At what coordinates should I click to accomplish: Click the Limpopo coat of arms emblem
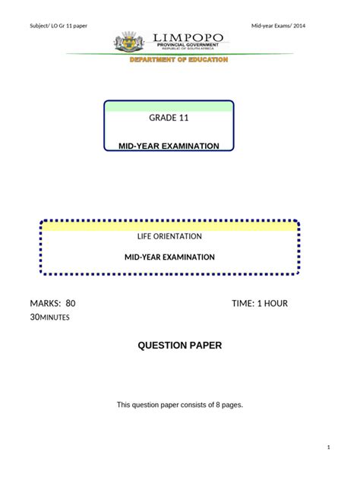point(129,42)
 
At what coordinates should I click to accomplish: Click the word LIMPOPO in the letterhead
point(188,38)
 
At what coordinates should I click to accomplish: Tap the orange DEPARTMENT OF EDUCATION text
point(178,60)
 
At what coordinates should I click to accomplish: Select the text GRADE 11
point(169,118)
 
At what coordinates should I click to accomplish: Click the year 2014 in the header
point(299,26)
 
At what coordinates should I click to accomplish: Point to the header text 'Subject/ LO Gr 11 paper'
point(58,26)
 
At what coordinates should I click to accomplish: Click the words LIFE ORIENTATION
point(169,236)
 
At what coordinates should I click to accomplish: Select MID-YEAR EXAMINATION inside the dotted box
point(169,257)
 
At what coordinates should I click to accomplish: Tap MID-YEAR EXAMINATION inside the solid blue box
point(169,146)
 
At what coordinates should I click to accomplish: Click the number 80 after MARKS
point(71,303)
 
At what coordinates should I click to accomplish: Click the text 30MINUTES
point(49,317)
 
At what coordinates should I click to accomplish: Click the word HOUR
point(276,303)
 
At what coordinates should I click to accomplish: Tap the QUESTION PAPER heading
point(180,346)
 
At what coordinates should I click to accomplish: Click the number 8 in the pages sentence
point(218,405)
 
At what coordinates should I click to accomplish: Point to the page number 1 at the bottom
point(328,447)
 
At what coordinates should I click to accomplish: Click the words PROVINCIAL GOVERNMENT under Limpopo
point(188,45)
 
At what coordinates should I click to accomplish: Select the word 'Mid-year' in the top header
point(261,26)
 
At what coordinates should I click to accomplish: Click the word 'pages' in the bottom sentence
point(232,405)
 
